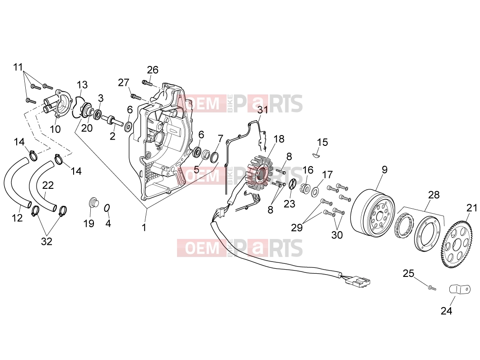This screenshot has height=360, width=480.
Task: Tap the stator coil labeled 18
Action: click(259, 175)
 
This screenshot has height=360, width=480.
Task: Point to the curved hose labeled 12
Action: click(15, 184)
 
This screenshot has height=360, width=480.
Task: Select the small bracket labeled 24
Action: click(459, 289)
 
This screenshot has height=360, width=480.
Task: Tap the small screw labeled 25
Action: click(432, 288)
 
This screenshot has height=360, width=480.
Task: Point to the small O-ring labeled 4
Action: click(107, 208)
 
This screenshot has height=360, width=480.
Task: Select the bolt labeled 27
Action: click(136, 97)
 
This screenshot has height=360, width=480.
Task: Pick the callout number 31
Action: click(262, 110)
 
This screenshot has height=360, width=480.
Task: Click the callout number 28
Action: click(434, 195)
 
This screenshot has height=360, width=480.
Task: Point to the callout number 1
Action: click(144, 228)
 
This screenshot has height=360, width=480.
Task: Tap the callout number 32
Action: click(47, 242)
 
